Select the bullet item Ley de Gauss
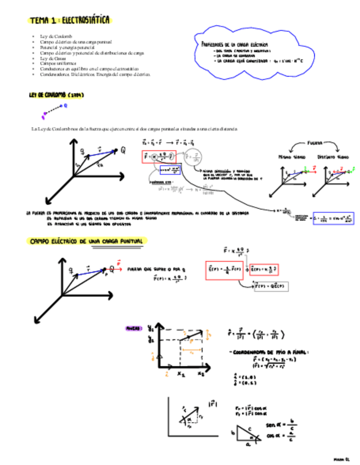point(49,58)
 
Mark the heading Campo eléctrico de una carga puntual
point(87,241)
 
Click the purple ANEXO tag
point(134,328)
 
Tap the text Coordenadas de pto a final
point(263,353)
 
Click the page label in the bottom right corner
point(342,456)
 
